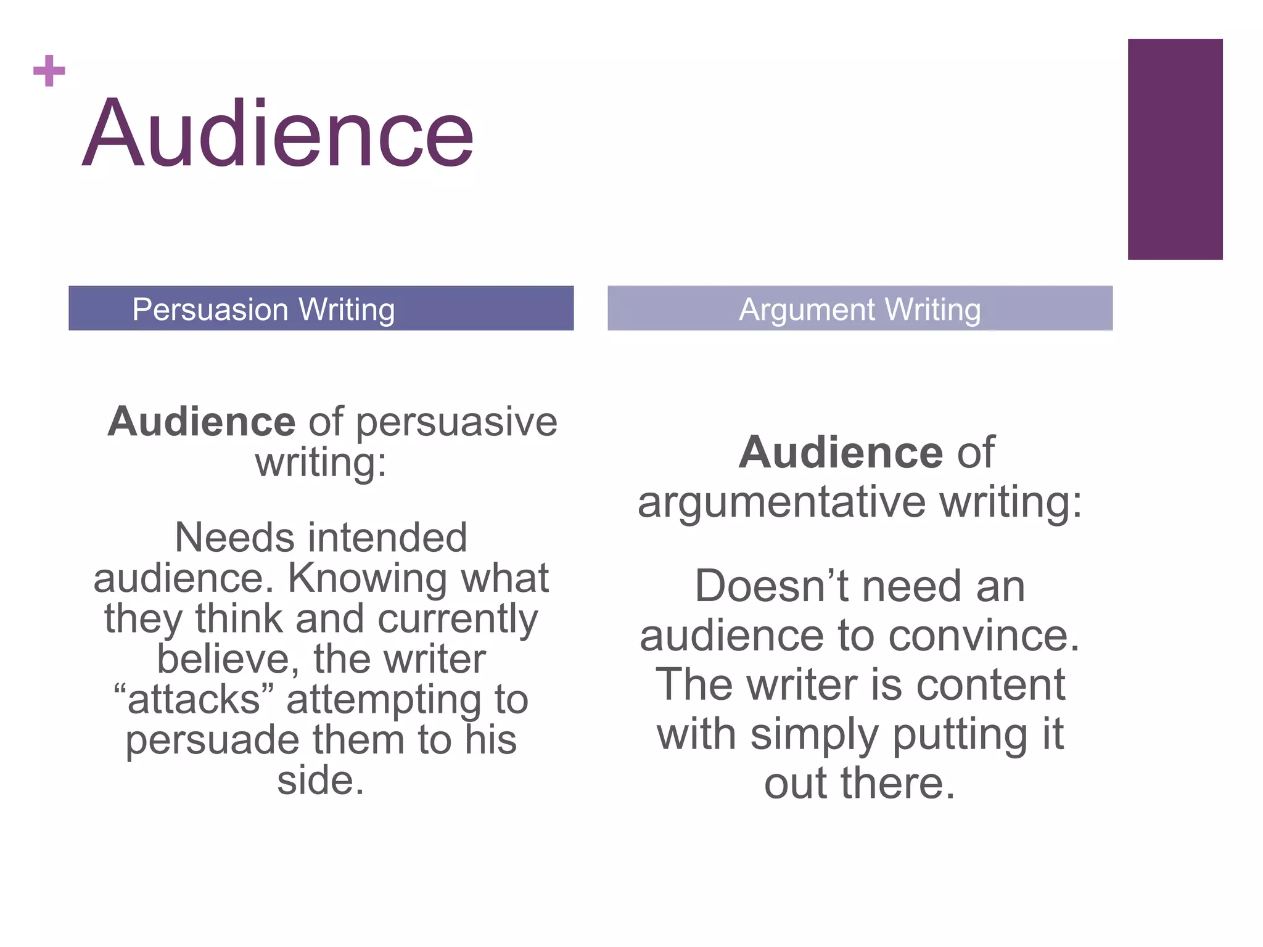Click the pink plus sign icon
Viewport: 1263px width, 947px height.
point(49,71)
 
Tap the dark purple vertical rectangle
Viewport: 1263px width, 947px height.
point(1175,149)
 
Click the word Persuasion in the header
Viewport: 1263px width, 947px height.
point(210,310)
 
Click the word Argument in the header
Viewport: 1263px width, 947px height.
point(807,310)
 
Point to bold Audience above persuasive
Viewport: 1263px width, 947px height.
point(202,422)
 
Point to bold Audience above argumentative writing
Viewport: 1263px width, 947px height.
point(841,453)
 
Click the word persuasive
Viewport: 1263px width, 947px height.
point(456,424)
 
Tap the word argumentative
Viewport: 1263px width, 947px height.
point(781,502)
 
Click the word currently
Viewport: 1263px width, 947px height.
point(458,619)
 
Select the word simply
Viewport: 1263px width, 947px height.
point(815,735)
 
